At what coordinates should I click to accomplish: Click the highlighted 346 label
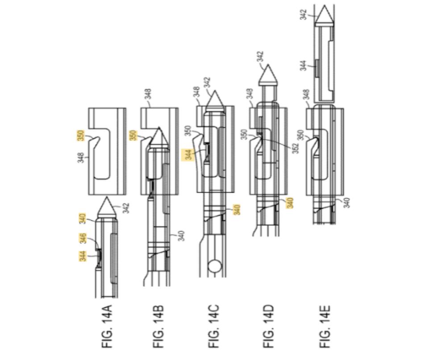[83, 239]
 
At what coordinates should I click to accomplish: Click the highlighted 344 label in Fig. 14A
[83, 256]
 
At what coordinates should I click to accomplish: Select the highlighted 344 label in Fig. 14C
[189, 154]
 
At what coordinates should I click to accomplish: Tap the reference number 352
[295, 148]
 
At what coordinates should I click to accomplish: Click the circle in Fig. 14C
[215, 266]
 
